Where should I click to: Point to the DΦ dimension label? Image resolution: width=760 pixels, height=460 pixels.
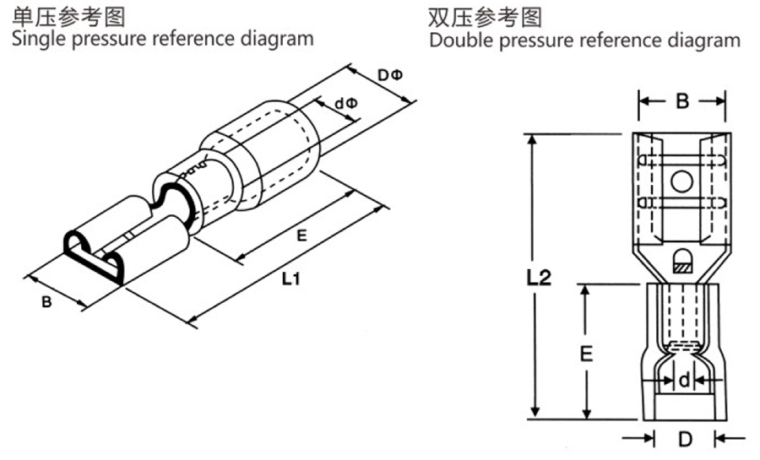(390, 76)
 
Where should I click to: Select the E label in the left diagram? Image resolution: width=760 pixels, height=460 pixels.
(301, 236)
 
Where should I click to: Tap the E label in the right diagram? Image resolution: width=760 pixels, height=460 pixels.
(585, 354)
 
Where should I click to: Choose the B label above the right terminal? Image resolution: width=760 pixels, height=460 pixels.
(681, 102)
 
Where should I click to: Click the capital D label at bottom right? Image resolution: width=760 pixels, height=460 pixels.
(685, 439)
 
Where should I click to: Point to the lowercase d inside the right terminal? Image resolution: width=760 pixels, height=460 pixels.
(683, 381)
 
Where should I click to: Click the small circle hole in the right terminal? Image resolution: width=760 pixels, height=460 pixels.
(681, 181)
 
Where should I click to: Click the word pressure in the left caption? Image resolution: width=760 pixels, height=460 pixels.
(112, 38)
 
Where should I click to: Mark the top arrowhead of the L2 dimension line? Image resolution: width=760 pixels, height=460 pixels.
(532, 138)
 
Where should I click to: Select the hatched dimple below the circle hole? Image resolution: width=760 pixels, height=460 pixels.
(681, 263)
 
